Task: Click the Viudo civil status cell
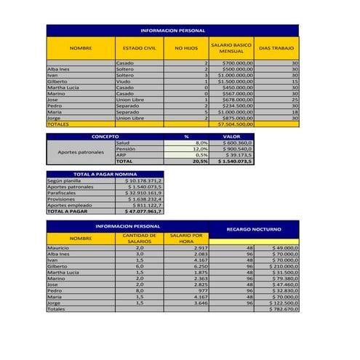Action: point(124,81)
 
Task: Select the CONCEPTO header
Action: point(105,135)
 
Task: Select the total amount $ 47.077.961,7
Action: point(143,211)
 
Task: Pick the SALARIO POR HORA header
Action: point(186,239)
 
